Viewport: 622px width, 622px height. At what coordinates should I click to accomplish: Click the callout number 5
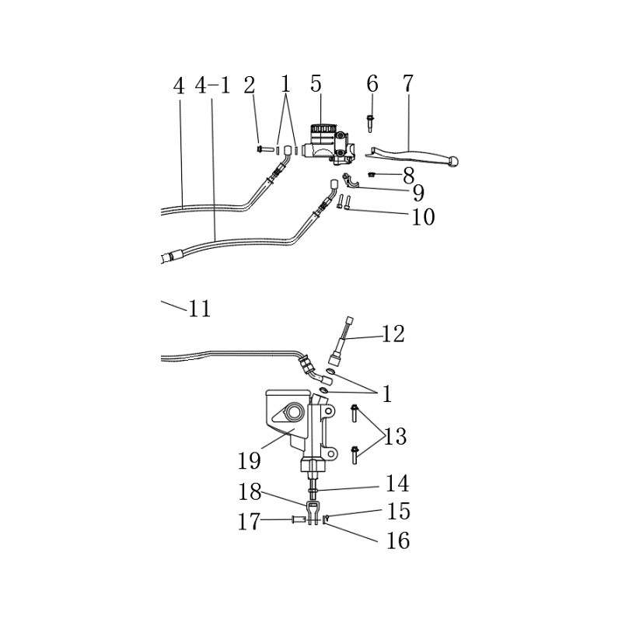[x=316, y=84]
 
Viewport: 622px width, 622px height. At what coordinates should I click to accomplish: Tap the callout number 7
[x=407, y=83]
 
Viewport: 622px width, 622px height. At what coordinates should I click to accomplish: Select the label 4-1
[x=213, y=86]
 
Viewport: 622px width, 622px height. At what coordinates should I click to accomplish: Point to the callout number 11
[x=200, y=309]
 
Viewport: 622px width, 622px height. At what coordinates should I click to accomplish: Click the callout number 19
[x=249, y=461]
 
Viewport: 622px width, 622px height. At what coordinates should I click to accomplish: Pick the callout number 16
[x=398, y=540]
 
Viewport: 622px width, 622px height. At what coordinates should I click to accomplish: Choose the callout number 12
[x=393, y=334]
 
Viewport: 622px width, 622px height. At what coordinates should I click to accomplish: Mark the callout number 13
[x=395, y=437]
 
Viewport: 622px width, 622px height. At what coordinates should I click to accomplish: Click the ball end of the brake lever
[x=454, y=161]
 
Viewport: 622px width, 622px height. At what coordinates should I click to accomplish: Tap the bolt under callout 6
[x=370, y=123]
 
